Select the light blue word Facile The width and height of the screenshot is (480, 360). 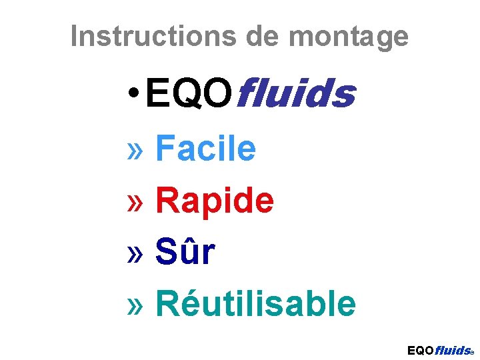205,148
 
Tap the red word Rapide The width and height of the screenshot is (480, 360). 214,201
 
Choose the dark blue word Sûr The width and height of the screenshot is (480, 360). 185,252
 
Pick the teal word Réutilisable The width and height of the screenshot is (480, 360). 255,304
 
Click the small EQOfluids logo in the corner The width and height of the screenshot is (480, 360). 440,350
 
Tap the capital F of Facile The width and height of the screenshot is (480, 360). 164,148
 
